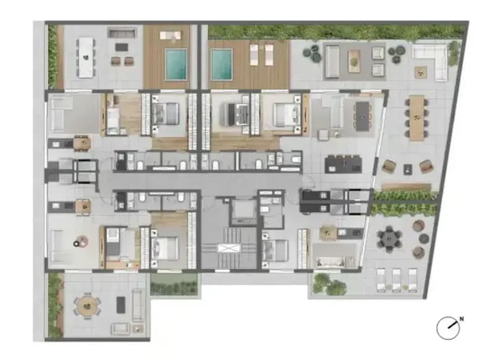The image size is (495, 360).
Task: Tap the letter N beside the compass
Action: coord(462,319)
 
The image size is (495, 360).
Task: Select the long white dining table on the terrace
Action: coord(86,58)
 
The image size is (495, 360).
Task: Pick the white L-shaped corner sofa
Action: coord(429,62)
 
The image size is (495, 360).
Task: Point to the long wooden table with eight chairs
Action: coord(417,118)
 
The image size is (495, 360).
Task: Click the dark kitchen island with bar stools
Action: coord(343,164)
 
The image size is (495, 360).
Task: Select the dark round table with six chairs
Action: coord(389,239)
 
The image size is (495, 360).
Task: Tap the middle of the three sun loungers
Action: coord(397,280)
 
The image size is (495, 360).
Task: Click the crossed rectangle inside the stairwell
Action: coord(229,248)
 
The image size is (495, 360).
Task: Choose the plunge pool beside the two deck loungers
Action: coord(222,64)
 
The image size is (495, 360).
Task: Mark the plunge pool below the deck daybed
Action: coord(176,64)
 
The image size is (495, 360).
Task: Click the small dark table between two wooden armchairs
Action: coord(408,169)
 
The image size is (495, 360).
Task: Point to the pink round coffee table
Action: coord(83,242)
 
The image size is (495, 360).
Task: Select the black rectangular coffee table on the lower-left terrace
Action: coord(121,305)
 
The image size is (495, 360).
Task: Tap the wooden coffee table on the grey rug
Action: coord(354,59)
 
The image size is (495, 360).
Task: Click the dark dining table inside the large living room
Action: coord(363,116)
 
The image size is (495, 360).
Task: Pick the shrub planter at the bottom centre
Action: coord(174,285)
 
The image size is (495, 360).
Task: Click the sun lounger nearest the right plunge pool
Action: coord(254,55)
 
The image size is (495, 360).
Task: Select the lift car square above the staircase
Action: coord(243,210)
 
